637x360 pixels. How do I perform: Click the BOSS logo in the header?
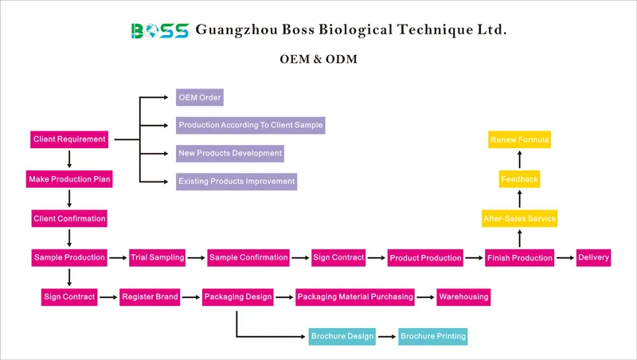159,30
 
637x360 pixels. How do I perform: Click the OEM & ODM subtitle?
318,60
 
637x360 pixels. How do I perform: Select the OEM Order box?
199,98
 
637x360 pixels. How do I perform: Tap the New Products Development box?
229,153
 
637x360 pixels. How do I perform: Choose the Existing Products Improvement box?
236,181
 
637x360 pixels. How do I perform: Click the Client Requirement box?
69,139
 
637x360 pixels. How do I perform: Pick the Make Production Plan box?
69,180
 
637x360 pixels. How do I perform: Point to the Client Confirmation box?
69,218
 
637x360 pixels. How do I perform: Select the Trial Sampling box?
157,257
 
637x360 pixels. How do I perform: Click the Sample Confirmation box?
248,257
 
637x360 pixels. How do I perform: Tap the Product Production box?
425,258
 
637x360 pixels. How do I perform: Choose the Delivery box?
593,257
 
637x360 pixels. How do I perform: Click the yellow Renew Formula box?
519,140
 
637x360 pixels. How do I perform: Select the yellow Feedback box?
519,179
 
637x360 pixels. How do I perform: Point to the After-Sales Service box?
519,218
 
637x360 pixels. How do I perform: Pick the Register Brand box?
150,297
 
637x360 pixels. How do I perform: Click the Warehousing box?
463,297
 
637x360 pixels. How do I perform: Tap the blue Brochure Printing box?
432,336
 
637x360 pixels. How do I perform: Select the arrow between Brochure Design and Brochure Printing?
387,336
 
